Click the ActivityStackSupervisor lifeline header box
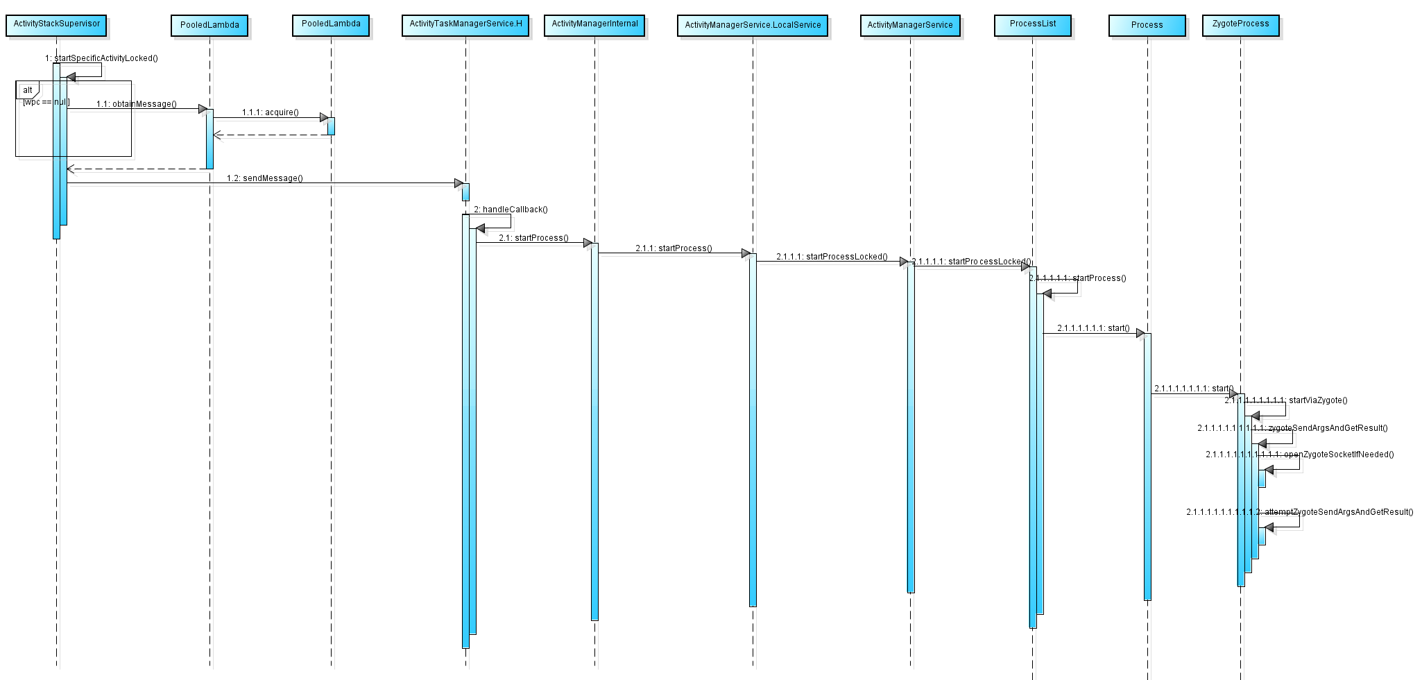pos(56,25)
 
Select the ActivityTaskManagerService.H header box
pos(465,25)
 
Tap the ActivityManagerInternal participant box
pos(594,25)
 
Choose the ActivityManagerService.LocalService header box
pos(753,26)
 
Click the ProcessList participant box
pos(1033,25)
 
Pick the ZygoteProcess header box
pos(1240,25)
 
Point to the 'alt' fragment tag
pos(28,90)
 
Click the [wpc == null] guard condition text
pos(46,103)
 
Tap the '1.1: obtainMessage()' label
pos(136,104)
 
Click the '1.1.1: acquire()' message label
pos(270,112)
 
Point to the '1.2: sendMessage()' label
pos(264,178)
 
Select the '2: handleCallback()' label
pos(511,210)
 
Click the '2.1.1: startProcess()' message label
pos(674,248)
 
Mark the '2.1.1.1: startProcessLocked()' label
pos(832,257)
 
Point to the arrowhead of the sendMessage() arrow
pos(459,183)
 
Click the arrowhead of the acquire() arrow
pos(324,118)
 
